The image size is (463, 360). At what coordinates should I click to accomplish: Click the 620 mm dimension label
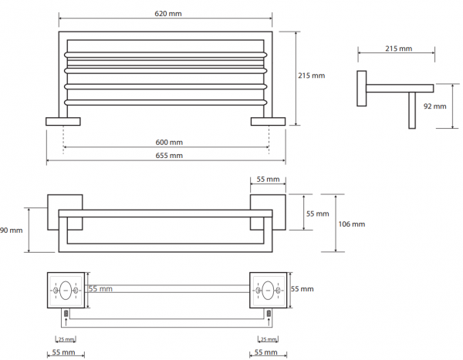[x=168, y=14]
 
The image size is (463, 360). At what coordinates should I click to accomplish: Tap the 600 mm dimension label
[x=169, y=143]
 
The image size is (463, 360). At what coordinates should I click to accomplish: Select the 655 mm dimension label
[x=169, y=155]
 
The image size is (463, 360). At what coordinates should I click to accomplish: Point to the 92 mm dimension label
[x=434, y=106]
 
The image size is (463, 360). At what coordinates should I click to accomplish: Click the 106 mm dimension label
[x=351, y=224]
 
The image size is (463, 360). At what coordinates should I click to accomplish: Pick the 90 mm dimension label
[x=12, y=230]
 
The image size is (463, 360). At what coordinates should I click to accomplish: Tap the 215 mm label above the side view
[x=398, y=49]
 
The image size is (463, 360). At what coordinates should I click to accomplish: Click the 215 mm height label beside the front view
[x=311, y=76]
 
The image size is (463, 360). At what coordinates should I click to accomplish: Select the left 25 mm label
[x=66, y=339]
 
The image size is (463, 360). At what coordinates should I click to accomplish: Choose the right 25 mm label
[x=268, y=339]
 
